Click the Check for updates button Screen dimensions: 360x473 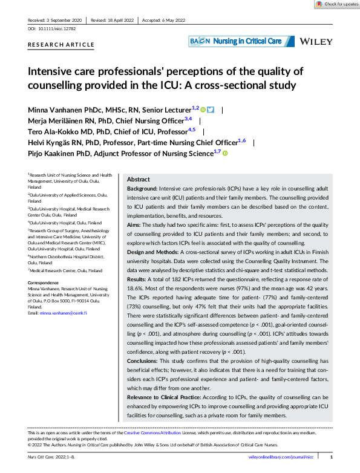(x=337, y=4)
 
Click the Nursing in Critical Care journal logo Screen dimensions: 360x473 (x=241, y=41)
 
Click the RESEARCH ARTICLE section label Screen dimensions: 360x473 (x=61, y=45)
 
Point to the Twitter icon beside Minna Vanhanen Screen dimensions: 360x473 (x=211, y=109)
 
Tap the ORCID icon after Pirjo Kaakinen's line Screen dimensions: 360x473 (x=225, y=154)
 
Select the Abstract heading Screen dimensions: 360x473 (x=139, y=180)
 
